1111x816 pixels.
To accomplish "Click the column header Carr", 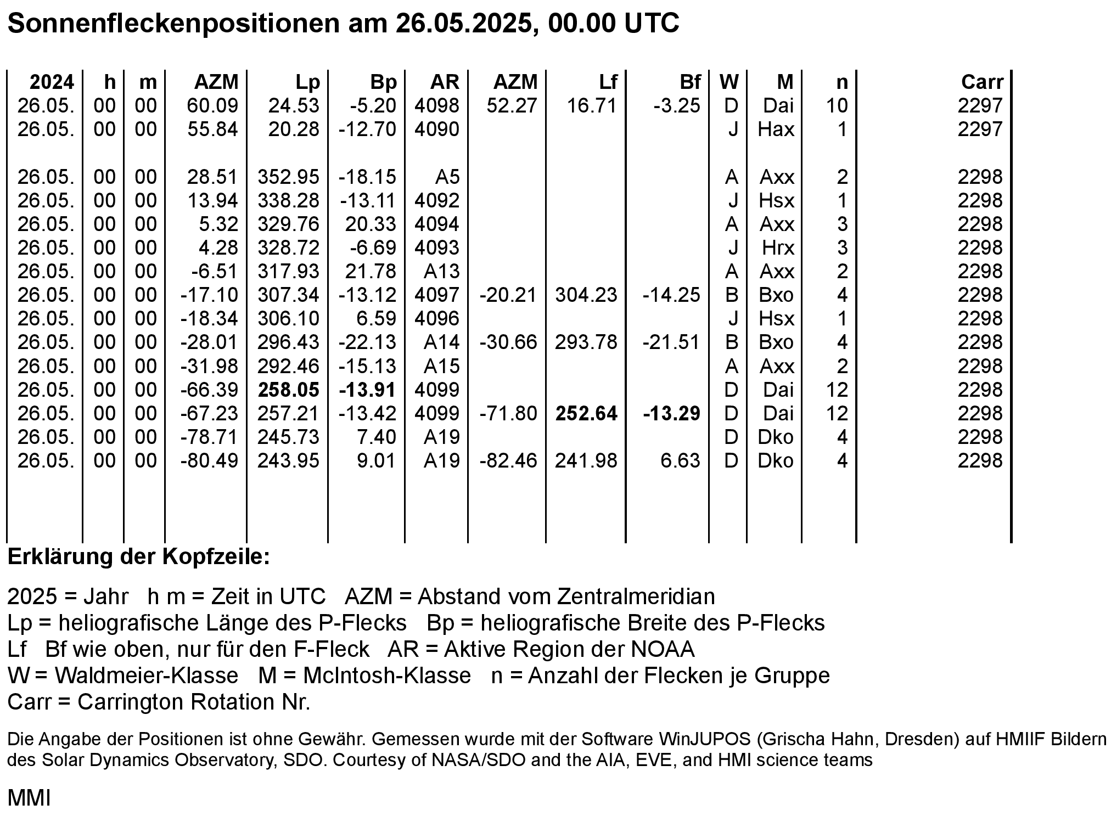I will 982,82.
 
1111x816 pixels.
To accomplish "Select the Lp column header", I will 307,82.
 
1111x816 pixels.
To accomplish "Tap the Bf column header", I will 690,82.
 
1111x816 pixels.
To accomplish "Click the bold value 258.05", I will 288,390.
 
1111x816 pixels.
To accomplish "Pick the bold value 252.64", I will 586,413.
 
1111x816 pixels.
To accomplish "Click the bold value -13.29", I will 672,413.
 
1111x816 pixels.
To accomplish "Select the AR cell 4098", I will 437,105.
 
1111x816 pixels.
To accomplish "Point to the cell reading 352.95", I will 288,177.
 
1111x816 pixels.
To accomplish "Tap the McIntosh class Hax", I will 776,129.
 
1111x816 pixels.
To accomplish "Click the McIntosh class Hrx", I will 778,247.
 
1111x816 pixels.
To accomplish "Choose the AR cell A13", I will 442,271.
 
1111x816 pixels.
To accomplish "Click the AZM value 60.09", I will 212,105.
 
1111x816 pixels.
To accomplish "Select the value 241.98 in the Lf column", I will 586,460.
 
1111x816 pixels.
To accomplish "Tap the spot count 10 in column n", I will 837,105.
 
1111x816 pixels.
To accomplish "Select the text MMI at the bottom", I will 29,798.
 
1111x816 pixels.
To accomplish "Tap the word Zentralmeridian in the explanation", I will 636,596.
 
